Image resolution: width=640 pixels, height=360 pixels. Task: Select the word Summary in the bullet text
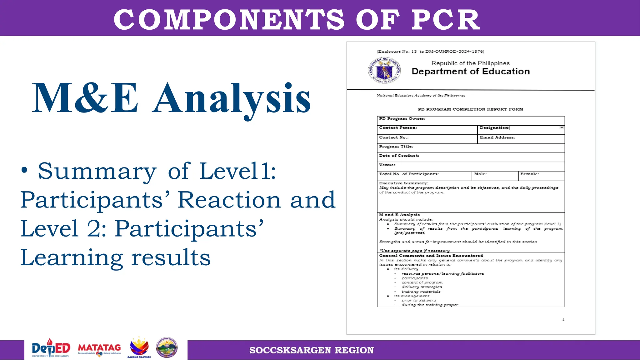point(97,172)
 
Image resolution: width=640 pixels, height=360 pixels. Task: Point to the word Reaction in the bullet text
point(229,200)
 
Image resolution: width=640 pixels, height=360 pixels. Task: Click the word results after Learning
point(171,258)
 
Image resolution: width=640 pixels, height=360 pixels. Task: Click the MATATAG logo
point(99,349)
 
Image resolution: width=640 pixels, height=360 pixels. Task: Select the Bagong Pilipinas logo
point(139,348)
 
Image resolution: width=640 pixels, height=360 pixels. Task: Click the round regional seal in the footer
point(167,347)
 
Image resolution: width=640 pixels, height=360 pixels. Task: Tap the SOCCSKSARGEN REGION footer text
point(311,350)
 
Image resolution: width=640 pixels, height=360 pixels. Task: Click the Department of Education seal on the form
point(384,71)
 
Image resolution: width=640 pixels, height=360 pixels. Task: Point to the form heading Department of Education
point(471,72)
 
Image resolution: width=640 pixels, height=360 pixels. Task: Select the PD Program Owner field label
point(402,119)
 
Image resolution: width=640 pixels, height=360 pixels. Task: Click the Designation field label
point(494,128)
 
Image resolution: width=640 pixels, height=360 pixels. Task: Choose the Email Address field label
point(497,137)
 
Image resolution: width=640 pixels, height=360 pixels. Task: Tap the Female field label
point(529,174)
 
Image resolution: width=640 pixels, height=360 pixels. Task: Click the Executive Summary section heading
point(403,183)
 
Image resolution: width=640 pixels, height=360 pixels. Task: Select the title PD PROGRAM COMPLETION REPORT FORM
point(470,109)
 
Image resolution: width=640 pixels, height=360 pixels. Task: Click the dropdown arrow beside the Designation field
point(562,128)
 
